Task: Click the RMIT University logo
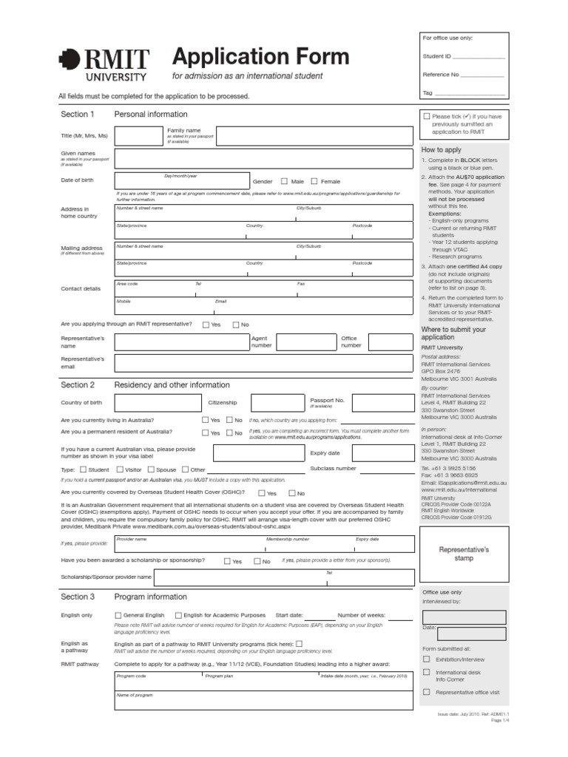[104, 64]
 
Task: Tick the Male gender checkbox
[284, 181]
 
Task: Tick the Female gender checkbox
[314, 181]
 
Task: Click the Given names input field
[263, 158]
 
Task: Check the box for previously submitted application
[427, 116]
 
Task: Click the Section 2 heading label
[78, 385]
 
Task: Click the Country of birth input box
[158, 403]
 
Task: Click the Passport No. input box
[382, 403]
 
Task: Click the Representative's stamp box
[464, 554]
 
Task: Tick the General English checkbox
[118, 615]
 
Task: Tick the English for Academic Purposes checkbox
[178, 615]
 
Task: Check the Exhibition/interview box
[426, 658]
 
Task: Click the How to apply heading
[441, 150]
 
